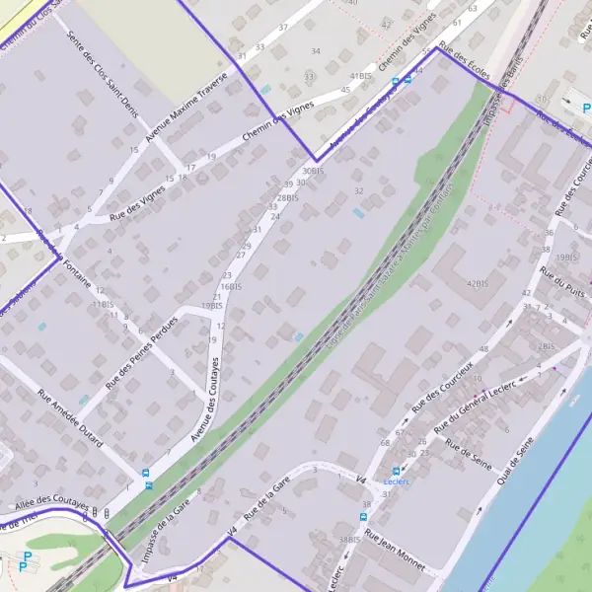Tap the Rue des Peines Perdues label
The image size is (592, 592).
coord(142,353)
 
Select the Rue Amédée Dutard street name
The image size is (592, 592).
coord(70,420)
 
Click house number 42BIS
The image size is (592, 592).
coord(478,284)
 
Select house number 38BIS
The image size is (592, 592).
coord(348,540)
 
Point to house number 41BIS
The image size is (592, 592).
coord(361,76)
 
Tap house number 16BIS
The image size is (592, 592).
coord(230,286)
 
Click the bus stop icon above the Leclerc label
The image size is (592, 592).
coord(396,472)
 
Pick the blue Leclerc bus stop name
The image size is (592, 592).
coord(396,484)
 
